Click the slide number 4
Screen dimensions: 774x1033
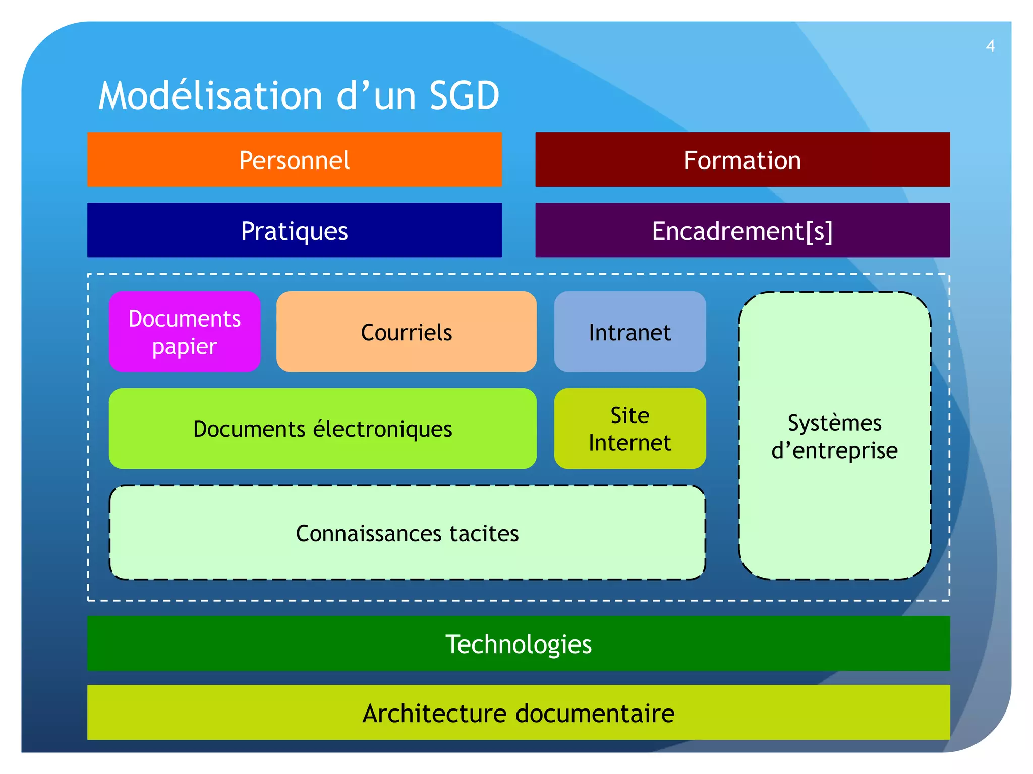[x=990, y=46]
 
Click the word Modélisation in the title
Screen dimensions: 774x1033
[x=211, y=96]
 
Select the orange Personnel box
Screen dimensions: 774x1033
[x=294, y=160]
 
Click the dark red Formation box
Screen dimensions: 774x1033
[x=742, y=160]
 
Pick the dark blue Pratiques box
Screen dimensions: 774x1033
[x=294, y=230]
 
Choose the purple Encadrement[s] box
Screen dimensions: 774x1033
[x=742, y=230]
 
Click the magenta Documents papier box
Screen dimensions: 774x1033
[x=185, y=332]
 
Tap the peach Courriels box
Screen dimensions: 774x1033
[x=406, y=332]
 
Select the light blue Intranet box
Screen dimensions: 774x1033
[x=629, y=332]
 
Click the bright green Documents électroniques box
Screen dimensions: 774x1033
[x=322, y=429]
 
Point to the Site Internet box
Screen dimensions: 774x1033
[x=629, y=429]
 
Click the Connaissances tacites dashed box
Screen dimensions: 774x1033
[x=407, y=533]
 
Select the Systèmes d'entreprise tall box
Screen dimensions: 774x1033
[x=834, y=436]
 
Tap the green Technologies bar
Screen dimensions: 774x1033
[x=518, y=643]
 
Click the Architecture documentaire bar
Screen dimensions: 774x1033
[x=518, y=713]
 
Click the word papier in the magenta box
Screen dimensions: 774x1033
[x=185, y=347]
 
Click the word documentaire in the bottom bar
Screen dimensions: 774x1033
[x=595, y=714]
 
